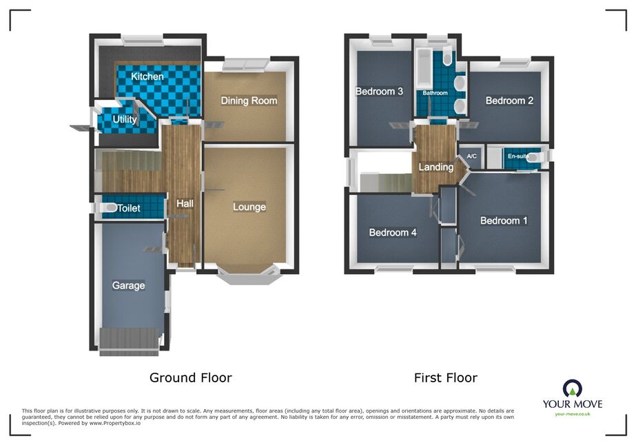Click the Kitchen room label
click(x=147, y=76)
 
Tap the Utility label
click(x=125, y=119)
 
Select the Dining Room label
click(x=249, y=101)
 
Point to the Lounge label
click(x=249, y=207)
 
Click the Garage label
click(x=129, y=286)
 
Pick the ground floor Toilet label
click(x=129, y=208)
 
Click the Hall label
click(x=185, y=204)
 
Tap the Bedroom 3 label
click(x=379, y=91)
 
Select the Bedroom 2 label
click(x=509, y=100)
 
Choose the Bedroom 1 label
click(x=504, y=220)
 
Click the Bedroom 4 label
click(x=393, y=232)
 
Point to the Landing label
click(x=436, y=167)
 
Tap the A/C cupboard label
click(x=472, y=156)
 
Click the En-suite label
click(x=518, y=156)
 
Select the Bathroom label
click(x=435, y=93)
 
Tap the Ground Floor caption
click(x=191, y=377)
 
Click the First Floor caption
click(x=446, y=377)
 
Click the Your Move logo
click(x=573, y=397)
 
